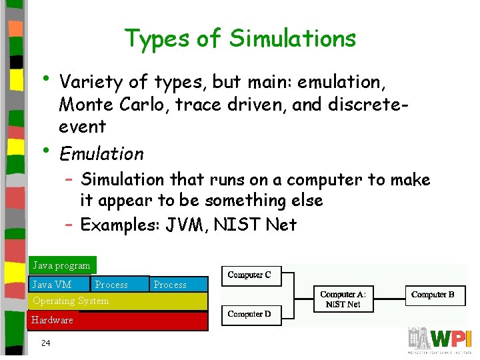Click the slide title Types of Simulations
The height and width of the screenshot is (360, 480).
click(240, 39)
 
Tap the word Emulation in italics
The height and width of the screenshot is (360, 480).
click(101, 154)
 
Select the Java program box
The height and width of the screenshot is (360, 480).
click(62, 265)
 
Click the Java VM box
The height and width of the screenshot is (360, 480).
click(53, 285)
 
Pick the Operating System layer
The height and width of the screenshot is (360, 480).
click(117, 301)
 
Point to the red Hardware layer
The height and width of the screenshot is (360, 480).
click(117, 321)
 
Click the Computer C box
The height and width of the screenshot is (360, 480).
click(249, 275)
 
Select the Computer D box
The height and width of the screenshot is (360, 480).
click(249, 314)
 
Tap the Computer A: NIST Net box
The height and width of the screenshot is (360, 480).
click(343, 299)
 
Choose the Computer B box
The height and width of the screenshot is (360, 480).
click(433, 294)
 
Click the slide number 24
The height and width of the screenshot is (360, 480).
click(45, 343)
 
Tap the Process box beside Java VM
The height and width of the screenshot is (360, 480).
click(112, 285)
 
